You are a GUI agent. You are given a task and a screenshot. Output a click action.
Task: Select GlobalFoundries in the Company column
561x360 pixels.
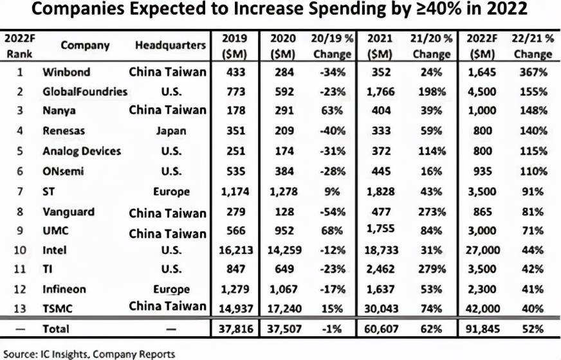click(84, 91)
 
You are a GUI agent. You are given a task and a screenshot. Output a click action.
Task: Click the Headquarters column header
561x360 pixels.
click(170, 46)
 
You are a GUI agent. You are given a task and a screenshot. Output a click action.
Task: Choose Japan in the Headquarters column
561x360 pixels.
click(170, 131)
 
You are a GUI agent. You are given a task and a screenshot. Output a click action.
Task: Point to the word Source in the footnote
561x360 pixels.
click(21, 353)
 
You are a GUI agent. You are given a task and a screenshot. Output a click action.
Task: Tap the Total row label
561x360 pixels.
click(56, 328)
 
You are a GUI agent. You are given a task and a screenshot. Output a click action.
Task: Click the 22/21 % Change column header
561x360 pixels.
click(533, 46)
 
